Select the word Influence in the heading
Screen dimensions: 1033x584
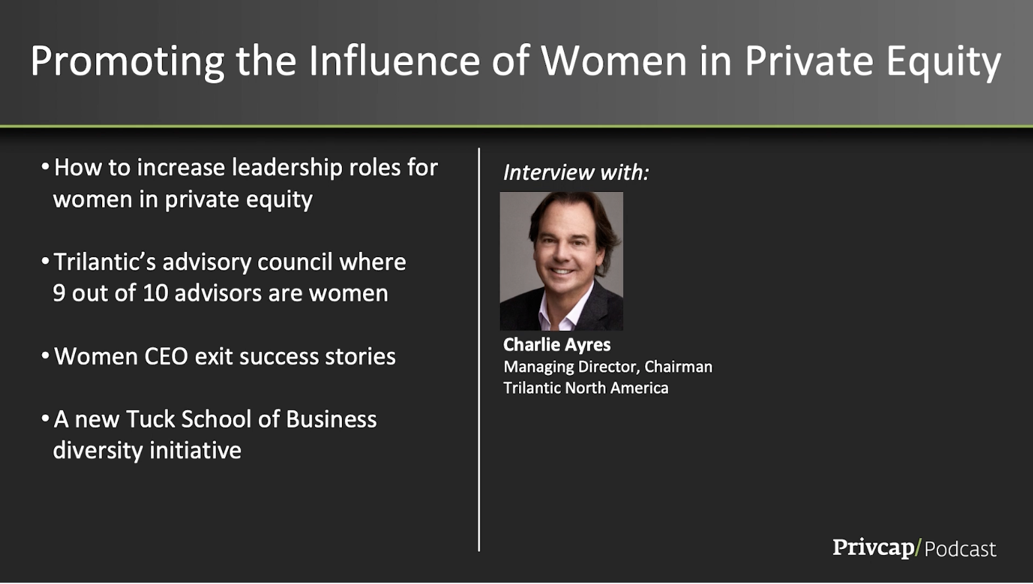coord(395,60)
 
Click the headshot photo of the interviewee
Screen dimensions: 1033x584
coord(561,261)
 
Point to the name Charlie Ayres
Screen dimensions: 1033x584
coord(557,345)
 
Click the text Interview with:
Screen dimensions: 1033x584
coord(576,173)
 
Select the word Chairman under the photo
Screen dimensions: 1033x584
coord(679,366)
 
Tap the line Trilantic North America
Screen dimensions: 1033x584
coord(586,388)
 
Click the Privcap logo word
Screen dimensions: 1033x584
coord(873,548)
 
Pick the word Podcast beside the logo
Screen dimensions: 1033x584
coord(960,550)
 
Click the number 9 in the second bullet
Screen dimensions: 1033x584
coord(59,293)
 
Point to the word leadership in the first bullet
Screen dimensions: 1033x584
coord(287,167)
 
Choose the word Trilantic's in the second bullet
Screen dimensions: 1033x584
coord(105,262)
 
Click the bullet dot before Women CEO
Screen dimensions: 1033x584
coord(45,356)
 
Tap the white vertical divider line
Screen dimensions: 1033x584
coord(479,349)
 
